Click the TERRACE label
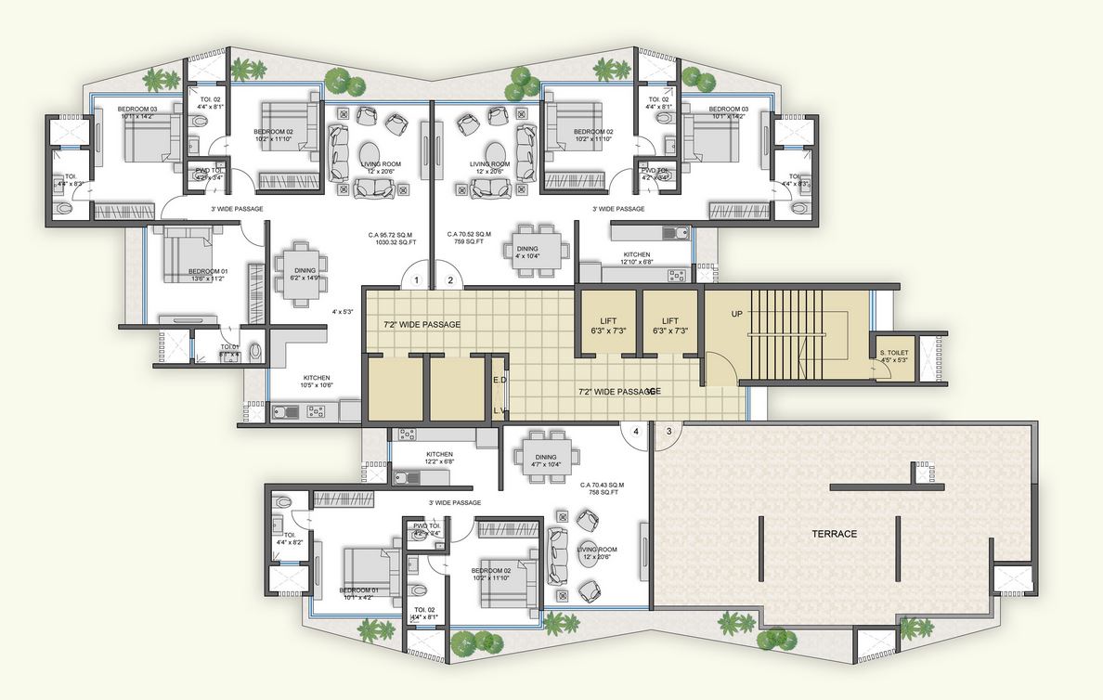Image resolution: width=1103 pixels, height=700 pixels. (x=834, y=534)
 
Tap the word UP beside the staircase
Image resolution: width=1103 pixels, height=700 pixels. (x=737, y=314)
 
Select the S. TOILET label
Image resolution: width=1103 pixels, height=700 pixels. (x=894, y=354)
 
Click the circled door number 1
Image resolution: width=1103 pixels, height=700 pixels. (x=417, y=279)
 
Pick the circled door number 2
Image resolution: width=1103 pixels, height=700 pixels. (x=450, y=279)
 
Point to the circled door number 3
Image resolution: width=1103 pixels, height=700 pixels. (x=668, y=432)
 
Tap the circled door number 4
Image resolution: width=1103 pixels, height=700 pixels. (x=636, y=432)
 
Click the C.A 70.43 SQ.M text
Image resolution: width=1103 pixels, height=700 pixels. (x=603, y=485)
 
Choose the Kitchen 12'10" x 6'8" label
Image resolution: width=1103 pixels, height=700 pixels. (x=636, y=258)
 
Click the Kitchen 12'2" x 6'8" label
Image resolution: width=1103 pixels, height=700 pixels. (x=439, y=458)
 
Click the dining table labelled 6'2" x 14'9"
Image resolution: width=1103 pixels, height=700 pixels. (x=298, y=273)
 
